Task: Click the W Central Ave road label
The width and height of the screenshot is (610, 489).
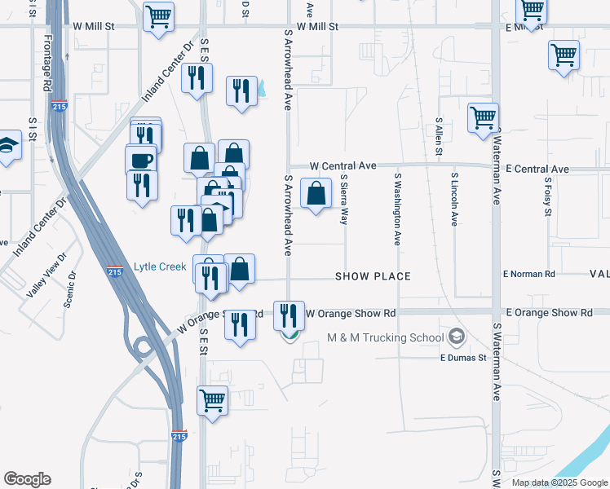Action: point(343,166)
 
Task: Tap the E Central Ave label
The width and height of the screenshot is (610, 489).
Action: point(537,170)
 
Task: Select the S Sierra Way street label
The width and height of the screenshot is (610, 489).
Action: point(344,199)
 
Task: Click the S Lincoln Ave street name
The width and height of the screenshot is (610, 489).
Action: point(455,199)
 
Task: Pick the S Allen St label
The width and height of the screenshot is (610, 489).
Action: point(439,135)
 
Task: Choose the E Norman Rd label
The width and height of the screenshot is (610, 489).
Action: point(528,275)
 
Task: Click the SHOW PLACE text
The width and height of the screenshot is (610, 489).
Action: point(373,277)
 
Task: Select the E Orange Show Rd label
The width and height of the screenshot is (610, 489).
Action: point(549,313)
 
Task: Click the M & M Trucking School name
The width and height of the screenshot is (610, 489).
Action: point(385,337)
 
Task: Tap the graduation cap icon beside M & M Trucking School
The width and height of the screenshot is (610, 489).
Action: point(456,336)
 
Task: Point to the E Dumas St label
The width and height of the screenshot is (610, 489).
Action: point(463,357)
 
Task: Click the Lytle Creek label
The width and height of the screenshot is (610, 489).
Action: point(160,267)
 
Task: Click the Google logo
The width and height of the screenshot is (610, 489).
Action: point(28,479)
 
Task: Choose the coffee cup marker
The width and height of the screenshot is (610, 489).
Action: point(141,159)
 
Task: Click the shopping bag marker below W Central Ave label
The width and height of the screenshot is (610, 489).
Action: point(316,194)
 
